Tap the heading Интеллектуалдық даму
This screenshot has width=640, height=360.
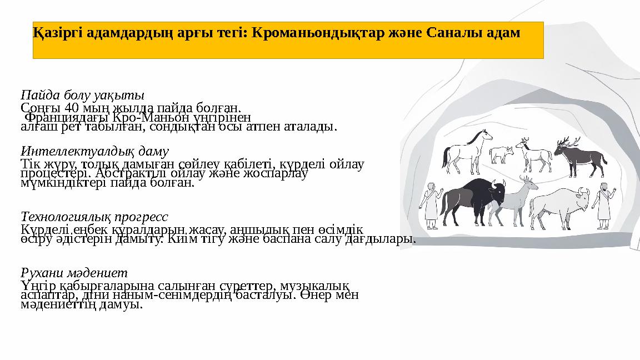94,151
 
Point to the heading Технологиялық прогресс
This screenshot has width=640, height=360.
94,216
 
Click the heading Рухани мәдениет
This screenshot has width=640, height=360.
74,273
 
